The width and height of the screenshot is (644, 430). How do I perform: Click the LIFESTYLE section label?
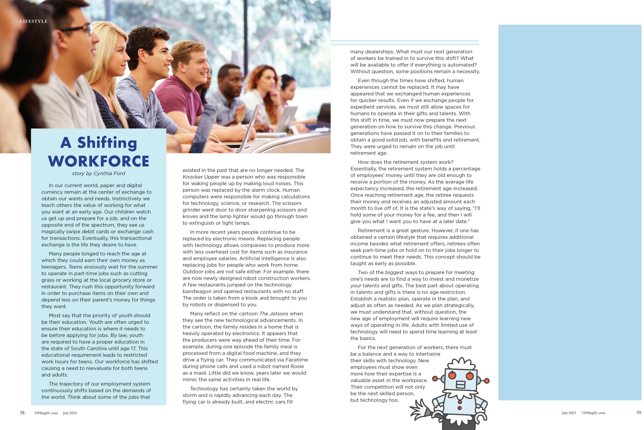pos(34,21)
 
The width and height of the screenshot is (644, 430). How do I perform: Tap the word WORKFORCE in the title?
pos(99,161)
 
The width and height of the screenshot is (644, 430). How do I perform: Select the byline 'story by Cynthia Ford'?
pos(99,174)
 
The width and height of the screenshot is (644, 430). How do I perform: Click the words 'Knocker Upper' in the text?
pos(199,177)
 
